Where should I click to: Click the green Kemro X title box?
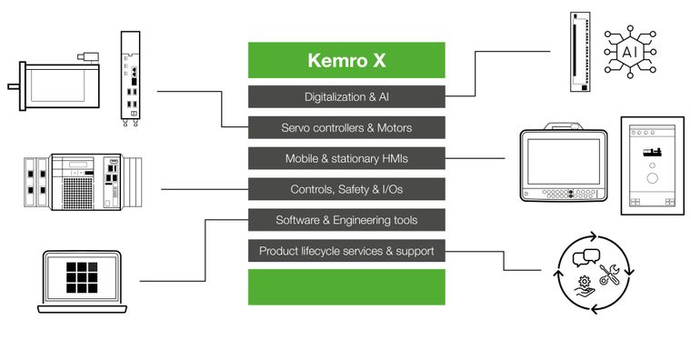pyautogui.click(x=346, y=60)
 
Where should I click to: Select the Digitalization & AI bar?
pyautogui.click(x=346, y=96)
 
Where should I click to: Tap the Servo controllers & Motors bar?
pyautogui.click(x=346, y=127)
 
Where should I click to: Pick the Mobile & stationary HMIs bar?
pyautogui.click(x=346, y=158)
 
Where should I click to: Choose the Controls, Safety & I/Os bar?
pyautogui.click(x=346, y=189)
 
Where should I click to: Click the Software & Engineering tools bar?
pyautogui.click(x=346, y=220)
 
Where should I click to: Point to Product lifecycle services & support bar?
pyautogui.click(x=346, y=251)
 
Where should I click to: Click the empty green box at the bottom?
pyautogui.click(x=346, y=287)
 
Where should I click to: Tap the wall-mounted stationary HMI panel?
pyautogui.click(x=651, y=165)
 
